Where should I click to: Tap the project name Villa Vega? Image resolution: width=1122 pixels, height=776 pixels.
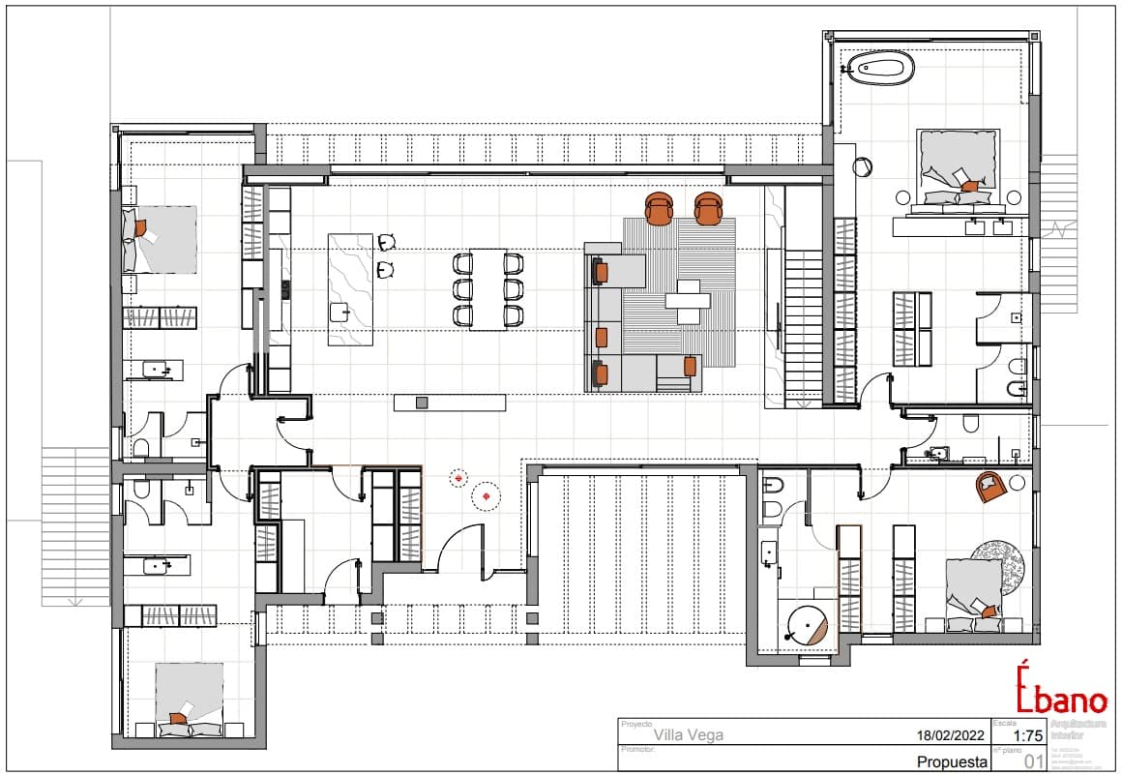(x=688, y=734)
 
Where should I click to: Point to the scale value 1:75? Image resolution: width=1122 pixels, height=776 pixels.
(x=1022, y=735)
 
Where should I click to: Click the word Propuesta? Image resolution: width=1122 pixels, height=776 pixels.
(x=952, y=761)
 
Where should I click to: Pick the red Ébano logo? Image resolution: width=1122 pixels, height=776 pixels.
(x=1061, y=690)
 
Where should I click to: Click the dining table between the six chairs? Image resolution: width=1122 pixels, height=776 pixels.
(x=488, y=289)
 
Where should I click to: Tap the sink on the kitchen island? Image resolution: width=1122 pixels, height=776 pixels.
(x=340, y=311)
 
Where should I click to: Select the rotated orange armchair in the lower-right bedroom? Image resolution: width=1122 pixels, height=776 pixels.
(x=990, y=486)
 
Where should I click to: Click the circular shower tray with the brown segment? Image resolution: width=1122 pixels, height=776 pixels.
(x=806, y=626)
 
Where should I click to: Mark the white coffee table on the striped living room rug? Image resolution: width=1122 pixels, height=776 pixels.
(x=688, y=301)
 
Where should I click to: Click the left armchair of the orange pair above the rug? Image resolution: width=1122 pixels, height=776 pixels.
(x=660, y=208)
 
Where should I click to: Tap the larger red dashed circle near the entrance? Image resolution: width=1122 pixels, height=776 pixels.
(x=486, y=496)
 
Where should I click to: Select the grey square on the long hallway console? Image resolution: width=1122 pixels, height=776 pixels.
(x=421, y=402)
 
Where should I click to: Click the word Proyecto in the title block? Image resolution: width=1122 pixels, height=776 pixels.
(x=636, y=723)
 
